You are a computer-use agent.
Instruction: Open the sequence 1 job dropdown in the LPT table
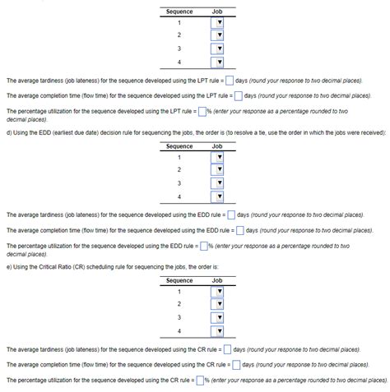218,23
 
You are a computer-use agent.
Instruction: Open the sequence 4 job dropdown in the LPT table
218,62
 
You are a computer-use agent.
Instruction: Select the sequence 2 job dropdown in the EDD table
218,170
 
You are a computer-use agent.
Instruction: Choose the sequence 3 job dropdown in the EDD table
218,183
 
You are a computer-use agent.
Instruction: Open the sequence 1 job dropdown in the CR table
218,291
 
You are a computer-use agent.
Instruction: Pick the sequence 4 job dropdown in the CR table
218,331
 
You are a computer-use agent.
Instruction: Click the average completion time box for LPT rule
238,95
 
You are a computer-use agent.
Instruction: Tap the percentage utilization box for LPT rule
200,110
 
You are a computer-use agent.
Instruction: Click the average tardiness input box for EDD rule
230,215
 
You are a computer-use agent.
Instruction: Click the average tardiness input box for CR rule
227,350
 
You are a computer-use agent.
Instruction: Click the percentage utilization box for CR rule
199,380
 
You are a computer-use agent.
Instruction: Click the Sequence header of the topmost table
179,12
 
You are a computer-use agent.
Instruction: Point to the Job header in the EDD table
217,146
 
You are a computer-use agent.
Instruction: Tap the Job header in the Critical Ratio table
217,280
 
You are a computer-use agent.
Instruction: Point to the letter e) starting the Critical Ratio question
9,267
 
